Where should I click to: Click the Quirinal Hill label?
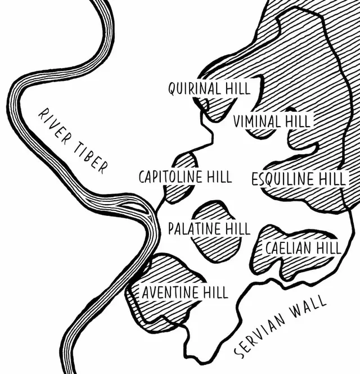click(x=209, y=88)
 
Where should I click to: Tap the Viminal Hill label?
click(x=272, y=120)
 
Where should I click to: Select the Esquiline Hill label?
click(x=299, y=179)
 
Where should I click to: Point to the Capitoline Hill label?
click(x=185, y=177)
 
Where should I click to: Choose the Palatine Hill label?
click(x=209, y=229)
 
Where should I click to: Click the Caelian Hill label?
click(x=303, y=247)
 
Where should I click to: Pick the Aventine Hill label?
click(x=184, y=292)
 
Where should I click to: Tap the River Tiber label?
click(x=72, y=141)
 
